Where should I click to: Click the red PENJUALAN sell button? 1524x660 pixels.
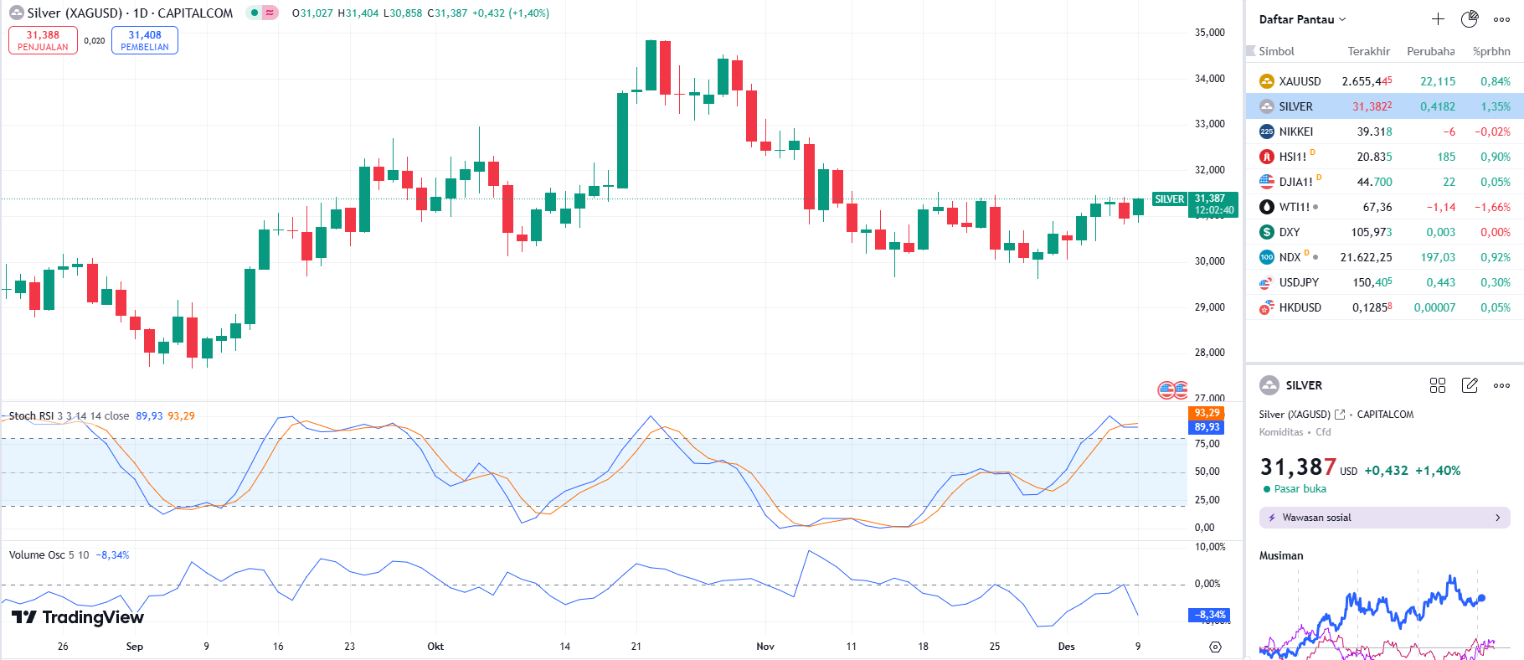43,40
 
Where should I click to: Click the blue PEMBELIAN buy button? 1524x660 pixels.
145,40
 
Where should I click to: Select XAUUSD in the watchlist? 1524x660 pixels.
1300,81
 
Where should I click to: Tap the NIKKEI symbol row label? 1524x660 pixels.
1295,131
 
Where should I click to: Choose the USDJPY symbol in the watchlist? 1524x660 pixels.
1298,282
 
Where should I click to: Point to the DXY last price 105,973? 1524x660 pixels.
1371,232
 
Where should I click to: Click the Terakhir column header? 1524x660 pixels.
1368,51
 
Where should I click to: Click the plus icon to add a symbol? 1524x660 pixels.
1438,19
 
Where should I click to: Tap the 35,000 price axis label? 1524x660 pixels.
1209,33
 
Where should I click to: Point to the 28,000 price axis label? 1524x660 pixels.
1209,353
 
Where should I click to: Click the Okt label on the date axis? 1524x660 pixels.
435,647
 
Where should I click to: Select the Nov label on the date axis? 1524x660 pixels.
765,647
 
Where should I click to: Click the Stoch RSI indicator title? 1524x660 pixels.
32,416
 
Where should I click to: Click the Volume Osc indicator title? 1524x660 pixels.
37,555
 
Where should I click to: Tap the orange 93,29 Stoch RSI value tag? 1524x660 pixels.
1207,413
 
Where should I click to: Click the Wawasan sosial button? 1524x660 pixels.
1384,518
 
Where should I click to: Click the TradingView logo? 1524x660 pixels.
78,617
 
